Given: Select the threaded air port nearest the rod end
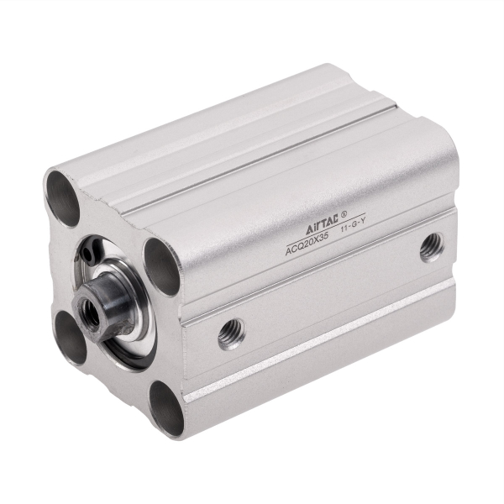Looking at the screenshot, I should tap(231, 333).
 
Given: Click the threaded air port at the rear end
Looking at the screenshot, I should tap(432, 246).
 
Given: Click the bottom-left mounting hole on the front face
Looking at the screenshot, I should tap(72, 335).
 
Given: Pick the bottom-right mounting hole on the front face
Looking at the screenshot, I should tap(166, 409).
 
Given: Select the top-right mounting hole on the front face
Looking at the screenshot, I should tap(161, 266).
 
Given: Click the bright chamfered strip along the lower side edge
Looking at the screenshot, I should tap(319, 344).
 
